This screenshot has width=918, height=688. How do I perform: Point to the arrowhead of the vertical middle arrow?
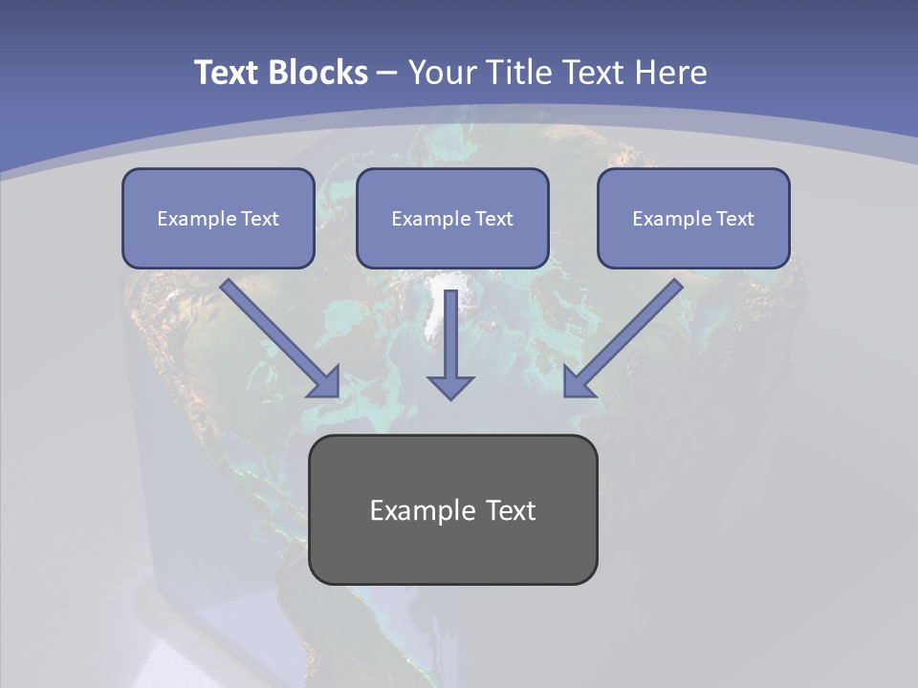[x=450, y=386]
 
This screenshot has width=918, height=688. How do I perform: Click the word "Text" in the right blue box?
[x=735, y=219]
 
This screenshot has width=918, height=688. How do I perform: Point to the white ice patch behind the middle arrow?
[x=436, y=306]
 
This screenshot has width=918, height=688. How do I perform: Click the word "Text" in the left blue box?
[x=260, y=219]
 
